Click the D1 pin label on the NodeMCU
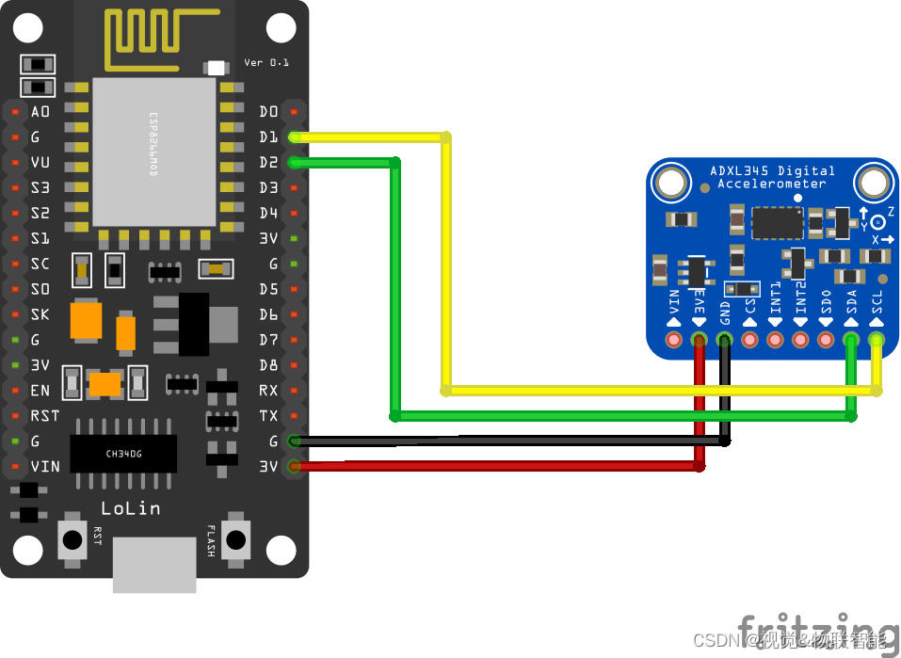pos(268,137)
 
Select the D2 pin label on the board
pos(268,163)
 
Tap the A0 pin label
pos(40,112)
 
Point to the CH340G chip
pos(123,454)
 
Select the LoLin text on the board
pos(130,508)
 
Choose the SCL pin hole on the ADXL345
pos(877,339)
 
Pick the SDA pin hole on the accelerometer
pos(851,339)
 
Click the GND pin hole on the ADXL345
pos(724,339)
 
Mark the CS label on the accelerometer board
pos(750,306)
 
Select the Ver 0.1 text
pos(266,62)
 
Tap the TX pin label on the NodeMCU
pos(268,415)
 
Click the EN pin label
pos(40,390)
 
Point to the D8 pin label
pos(268,365)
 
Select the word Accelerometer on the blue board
pos(771,184)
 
